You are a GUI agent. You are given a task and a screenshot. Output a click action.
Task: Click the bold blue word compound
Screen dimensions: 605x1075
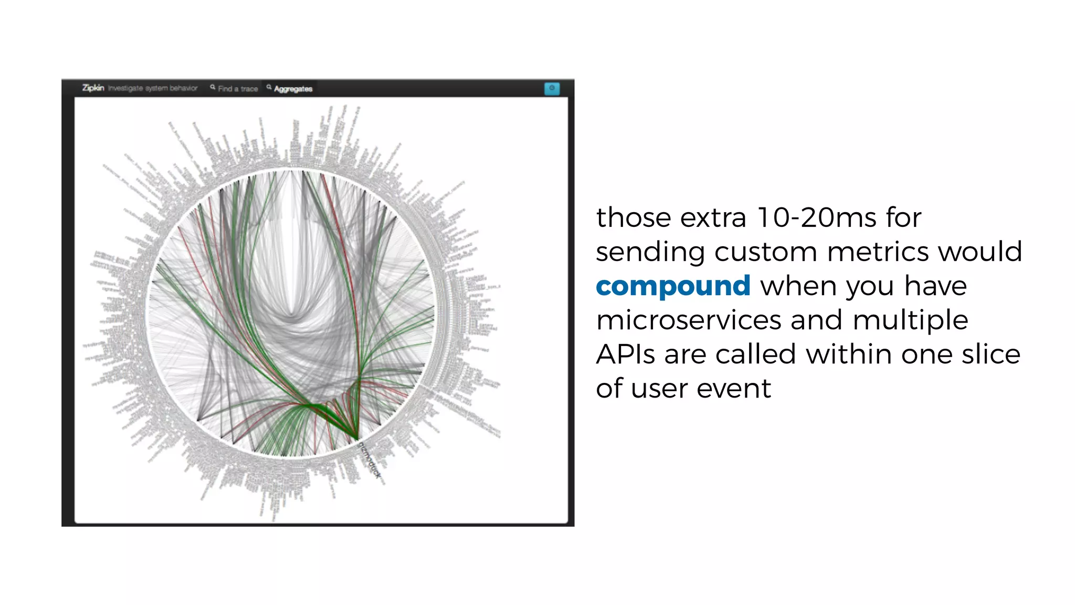[x=673, y=286]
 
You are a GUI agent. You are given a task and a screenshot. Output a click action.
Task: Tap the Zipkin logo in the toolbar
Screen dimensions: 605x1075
[x=93, y=88]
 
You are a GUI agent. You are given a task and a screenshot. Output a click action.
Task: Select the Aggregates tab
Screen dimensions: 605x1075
[x=293, y=89]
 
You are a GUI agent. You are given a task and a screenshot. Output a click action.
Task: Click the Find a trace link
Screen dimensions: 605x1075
[x=238, y=89]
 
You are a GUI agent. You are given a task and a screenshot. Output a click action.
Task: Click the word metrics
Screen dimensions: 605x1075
[x=879, y=252]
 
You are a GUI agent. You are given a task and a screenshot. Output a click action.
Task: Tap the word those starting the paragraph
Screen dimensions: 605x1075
[x=633, y=217]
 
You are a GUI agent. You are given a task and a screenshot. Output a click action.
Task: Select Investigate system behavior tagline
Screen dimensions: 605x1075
[x=153, y=88]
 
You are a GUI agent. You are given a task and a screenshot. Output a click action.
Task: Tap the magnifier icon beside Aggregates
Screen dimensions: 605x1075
[x=269, y=87]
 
